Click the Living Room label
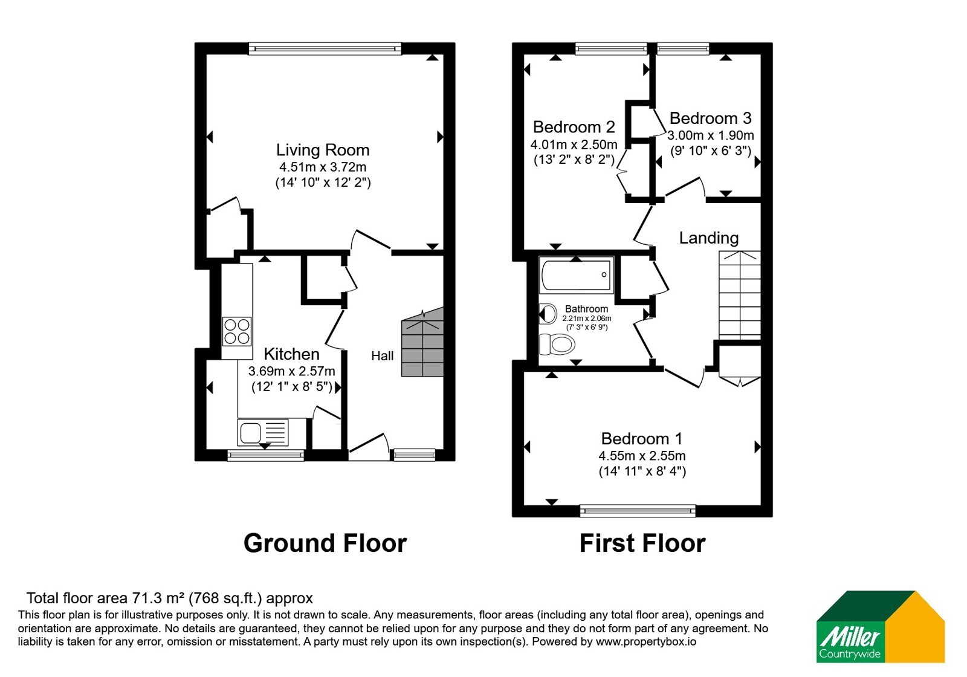pyautogui.click(x=323, y=150)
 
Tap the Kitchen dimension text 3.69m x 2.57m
pyautogui.click(x=291, y=371)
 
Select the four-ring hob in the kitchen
pyautogui.click(x=236, y=332)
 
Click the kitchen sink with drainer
pyautogui.click(x=262, y=432)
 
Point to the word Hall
pyautogui.click(x=383, y=356)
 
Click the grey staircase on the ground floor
pyautogui.click(x=422, y=342)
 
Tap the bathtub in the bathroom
pyautogui.click(x=577, y=275)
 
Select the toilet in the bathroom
pyautogui.click(x=557, y=344)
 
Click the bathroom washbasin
pyautogui.click(x=548, y=314)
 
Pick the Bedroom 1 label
pyautogui.click(x=642, y=439)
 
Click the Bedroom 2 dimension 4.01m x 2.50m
pyautogui.click(x=574, y=144)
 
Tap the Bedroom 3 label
pyautogui.click(x=711, y=118)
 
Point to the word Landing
pyautogui.click(x=709, y=238)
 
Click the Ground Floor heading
pyautogui.click(x=325, y=543)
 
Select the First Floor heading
pyautogui.click(x=642, y=543)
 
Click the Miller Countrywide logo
pyautogui.click(x=880, y=626)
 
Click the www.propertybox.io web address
pyautogui.click(x=646, y=641)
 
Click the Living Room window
pyautogui.click(x=325, y=48)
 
